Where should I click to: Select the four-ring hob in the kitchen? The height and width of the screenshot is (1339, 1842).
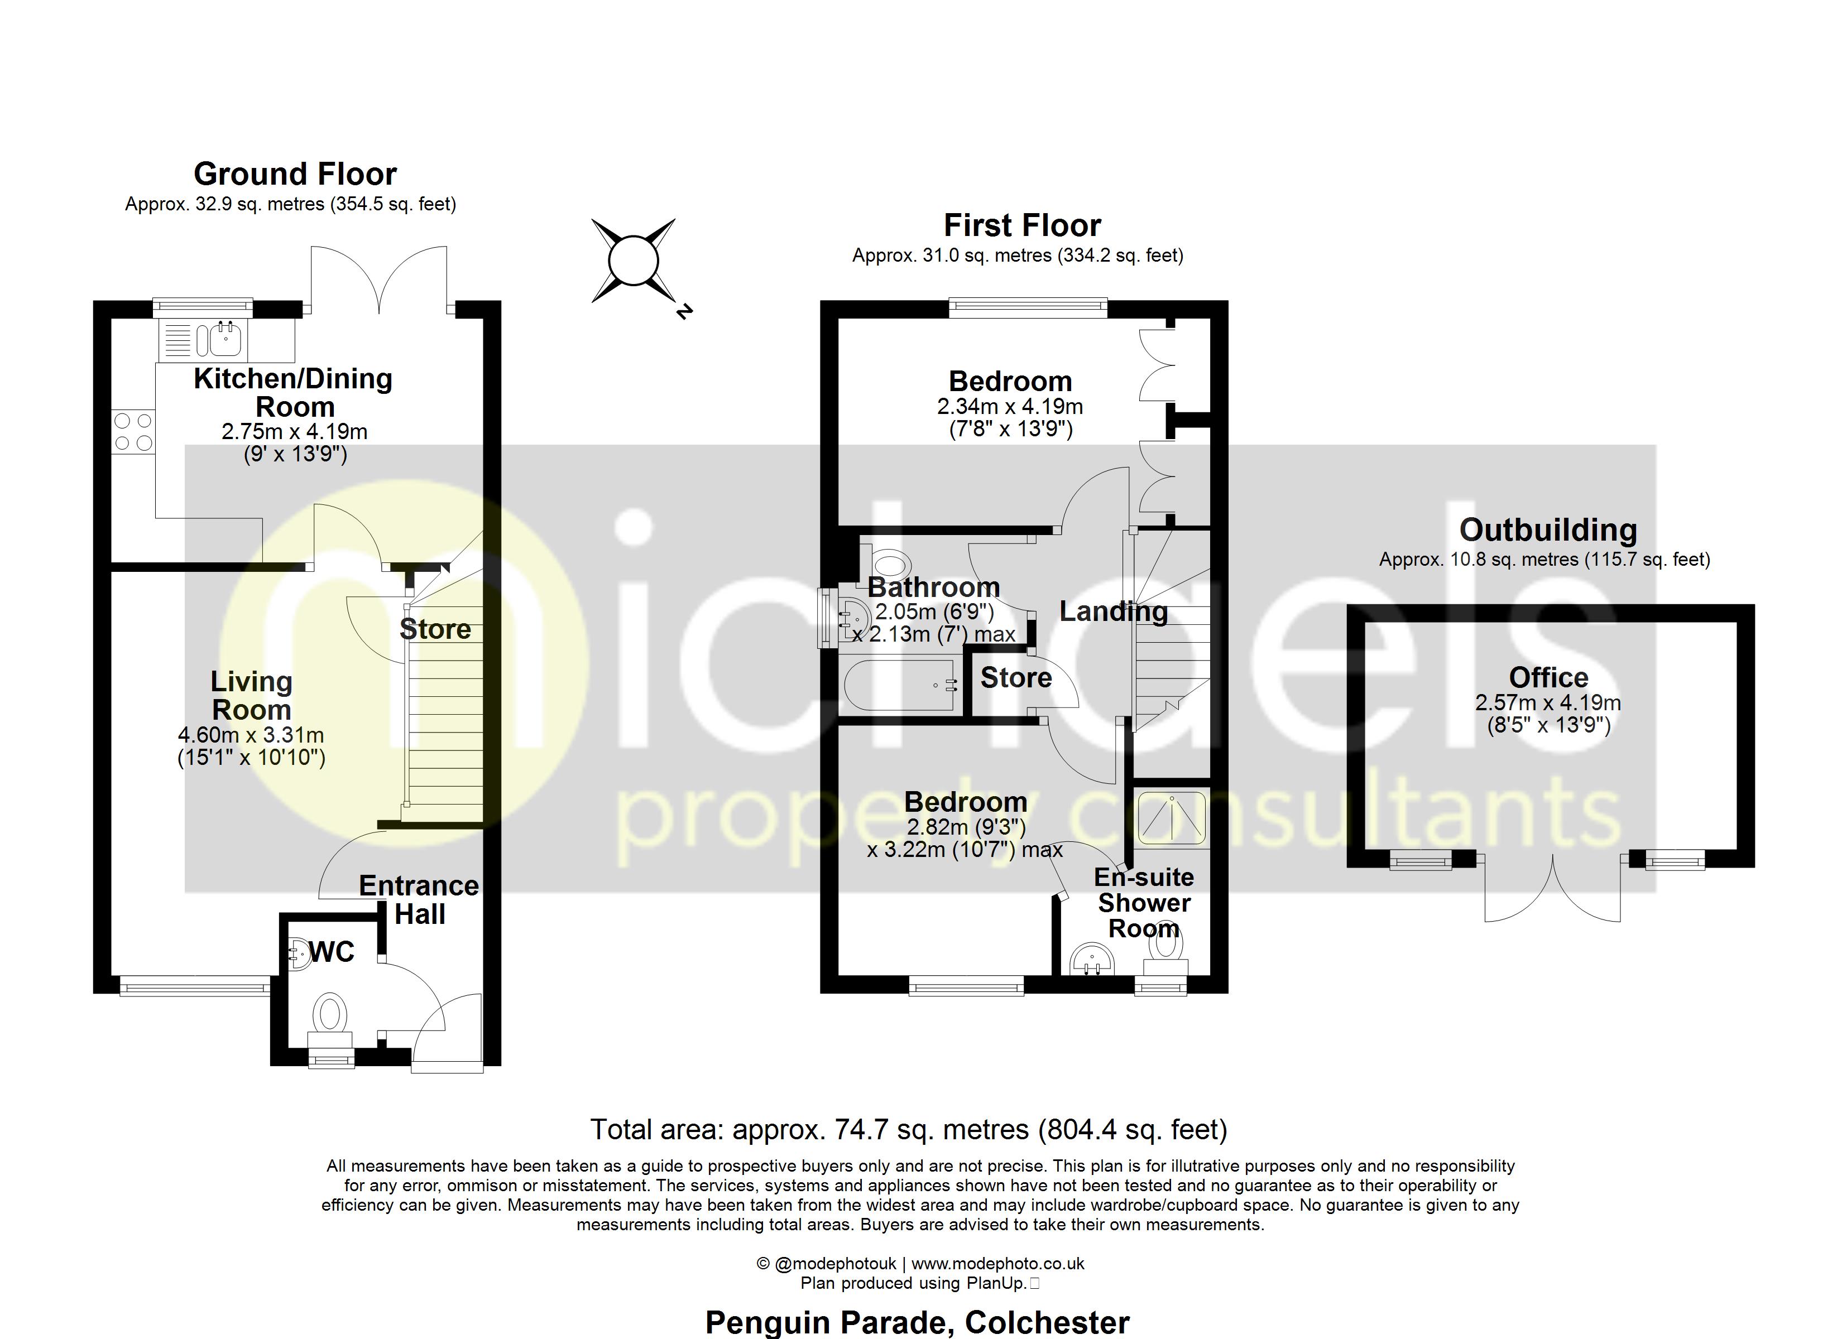click(x=133, y=431)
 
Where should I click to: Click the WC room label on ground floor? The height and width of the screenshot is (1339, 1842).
click(x=332, y=952)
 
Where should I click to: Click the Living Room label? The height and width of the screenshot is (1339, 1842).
click(x=252, y=696)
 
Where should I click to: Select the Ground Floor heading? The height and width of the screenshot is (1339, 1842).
click(x=295, y=174)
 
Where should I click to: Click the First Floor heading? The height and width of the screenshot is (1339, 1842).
click(x=1021, y=225)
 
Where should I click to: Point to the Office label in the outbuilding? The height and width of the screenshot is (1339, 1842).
click(x=1548, y=677)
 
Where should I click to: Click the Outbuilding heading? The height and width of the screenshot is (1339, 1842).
click(x=1548, y=530)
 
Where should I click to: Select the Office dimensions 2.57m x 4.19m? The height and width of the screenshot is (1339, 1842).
click(x=1548, y=703)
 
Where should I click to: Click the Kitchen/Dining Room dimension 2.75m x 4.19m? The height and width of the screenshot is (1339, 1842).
click(x=294, y=431)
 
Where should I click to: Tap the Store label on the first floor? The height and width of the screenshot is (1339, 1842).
click(x=1016, y=678)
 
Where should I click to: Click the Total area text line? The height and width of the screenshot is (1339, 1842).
click(x=908, y=1129)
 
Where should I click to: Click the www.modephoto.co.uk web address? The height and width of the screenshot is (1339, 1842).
click(x=997, y=1264)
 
